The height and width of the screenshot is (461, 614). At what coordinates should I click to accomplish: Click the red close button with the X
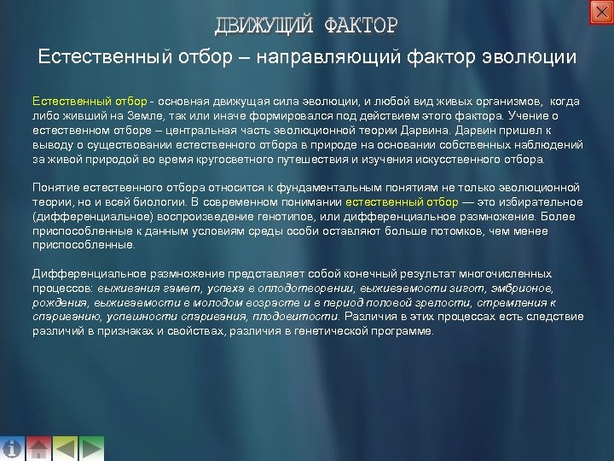(600, 12)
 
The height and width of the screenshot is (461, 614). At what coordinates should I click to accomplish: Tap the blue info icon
(13, 448)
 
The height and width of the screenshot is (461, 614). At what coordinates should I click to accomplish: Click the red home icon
(38, 448)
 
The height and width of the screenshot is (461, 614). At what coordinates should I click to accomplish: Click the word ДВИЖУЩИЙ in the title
(264, 25)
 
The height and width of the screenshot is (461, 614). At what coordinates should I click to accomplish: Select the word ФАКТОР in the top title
(361, 25)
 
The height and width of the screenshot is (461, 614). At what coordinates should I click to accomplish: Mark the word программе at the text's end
(402, 331)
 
